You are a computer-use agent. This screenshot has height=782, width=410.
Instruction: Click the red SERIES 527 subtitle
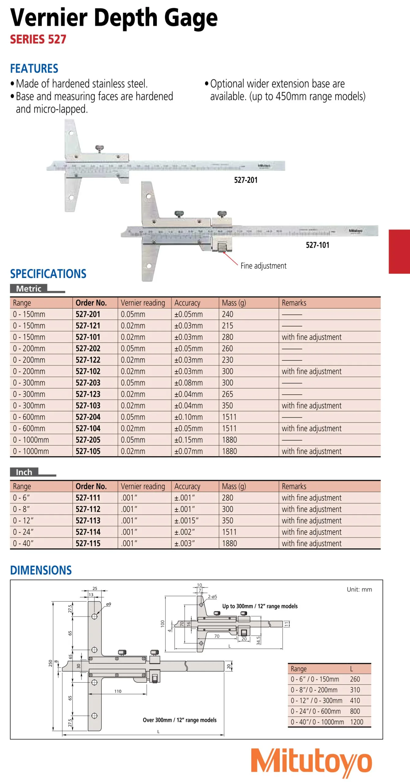(x=38, y=39)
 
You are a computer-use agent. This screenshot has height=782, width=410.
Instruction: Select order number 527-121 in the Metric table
(x=88, y=326)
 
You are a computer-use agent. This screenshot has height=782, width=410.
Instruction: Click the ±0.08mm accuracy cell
(x=188, y=383)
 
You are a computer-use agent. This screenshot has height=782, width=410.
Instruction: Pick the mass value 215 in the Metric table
(x=227, y=326)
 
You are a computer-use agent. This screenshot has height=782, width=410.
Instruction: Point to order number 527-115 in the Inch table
(x=88, y=543)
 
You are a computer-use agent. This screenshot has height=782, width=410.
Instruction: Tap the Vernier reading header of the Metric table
(x=143, y=303)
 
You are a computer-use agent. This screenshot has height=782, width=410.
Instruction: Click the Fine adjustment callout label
(x=263, y=266)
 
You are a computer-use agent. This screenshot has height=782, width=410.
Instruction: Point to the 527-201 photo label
(x=246, y=180)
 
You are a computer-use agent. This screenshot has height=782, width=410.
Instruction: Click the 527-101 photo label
(x=317, y=245)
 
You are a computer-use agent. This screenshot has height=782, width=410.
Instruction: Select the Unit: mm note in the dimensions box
(x=359, y=590)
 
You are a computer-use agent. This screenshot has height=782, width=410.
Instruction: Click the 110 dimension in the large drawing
(x=118, y=691)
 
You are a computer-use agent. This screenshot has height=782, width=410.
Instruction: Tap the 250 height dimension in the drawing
(x=50, y=663)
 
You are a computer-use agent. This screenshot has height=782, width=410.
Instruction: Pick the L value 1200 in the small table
(x=356, y=722)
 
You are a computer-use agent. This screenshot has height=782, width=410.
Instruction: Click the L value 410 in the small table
(x=355, y=700)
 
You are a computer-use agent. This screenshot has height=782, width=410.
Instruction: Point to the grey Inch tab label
(x=24, y=472)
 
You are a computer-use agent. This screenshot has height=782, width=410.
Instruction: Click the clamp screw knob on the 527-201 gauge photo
(x=99, y=149)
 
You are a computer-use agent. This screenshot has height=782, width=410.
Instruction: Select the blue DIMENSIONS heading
(x=41, y=570)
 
